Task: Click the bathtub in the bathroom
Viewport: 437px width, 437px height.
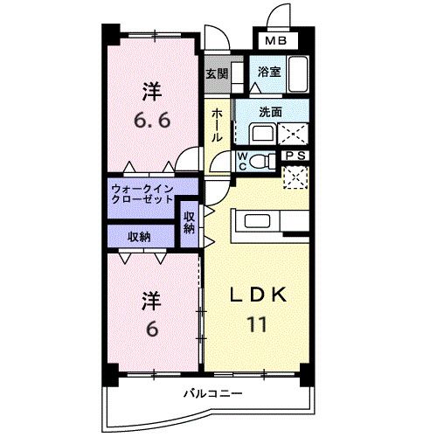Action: coord(297,73)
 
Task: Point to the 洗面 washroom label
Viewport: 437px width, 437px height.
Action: coord(271,112)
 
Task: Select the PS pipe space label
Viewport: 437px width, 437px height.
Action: coord(295,156)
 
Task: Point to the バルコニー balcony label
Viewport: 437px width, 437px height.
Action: coord(212,392)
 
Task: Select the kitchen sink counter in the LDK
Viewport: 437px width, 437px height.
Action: coord(259,222)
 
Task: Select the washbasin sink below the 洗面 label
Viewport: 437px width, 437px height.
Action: coord(260,133)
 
